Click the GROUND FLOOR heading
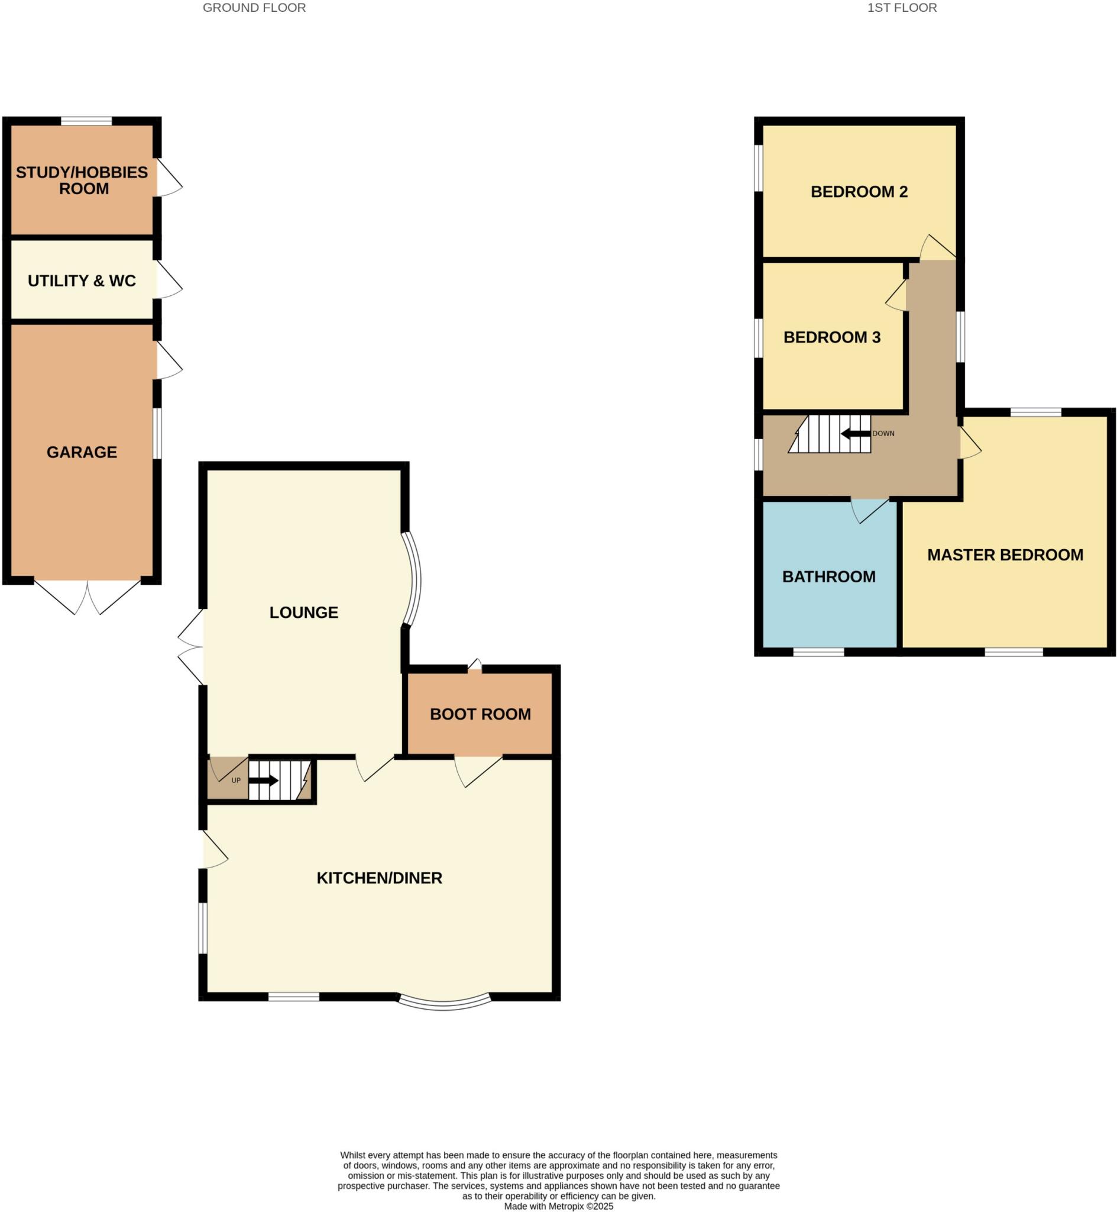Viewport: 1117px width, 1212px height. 254,8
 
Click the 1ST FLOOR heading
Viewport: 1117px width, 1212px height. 902,8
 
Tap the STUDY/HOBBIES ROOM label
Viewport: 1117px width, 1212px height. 82,180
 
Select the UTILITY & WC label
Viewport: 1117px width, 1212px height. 82,281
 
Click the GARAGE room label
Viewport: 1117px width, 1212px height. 82,452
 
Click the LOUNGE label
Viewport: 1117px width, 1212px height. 303,612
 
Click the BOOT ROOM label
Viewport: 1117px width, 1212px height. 480,714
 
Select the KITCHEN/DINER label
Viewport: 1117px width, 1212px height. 379,878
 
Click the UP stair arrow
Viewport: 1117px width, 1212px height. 263,780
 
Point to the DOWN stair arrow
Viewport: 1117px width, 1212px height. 855,434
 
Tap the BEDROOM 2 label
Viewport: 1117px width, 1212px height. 859,192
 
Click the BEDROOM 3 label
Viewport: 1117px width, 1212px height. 832,337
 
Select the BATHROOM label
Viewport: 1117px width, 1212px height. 828,576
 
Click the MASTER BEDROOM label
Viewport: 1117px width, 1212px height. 1005,555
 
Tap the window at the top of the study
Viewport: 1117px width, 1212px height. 86,121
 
